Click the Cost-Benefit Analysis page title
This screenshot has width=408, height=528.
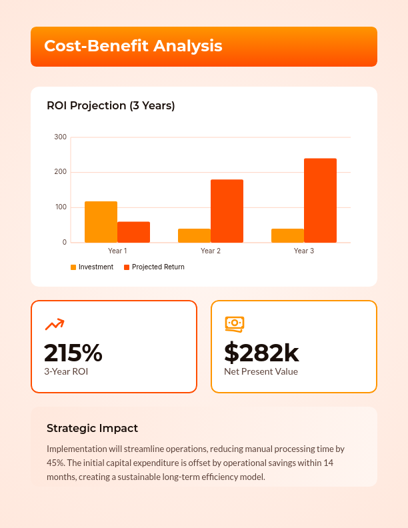[133, 46]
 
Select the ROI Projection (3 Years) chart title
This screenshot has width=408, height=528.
[111, 105]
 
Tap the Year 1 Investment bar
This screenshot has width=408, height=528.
[101, 222]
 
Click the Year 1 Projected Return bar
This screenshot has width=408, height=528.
[133, 232]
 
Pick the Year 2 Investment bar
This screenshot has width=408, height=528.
[194, 235]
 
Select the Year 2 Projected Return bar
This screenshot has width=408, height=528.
[227, 211]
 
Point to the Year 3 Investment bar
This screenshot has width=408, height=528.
[287, 235]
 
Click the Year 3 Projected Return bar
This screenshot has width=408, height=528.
[320, 200]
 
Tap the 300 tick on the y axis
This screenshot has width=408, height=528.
[60, 137]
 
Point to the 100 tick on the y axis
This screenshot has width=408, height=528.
[60, 207]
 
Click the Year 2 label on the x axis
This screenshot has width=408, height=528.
[211, 251]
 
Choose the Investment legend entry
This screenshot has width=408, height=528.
[92, 267]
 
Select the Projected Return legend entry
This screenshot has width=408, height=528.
[154, 267]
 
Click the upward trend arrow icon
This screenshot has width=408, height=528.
[54, 324]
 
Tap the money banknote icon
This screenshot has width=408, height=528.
[235, 324]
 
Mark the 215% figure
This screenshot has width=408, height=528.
[73, 352]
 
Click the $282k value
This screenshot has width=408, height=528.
[261, 352]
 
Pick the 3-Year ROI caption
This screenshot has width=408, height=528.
[66, 371]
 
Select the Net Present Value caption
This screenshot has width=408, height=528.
[261, 371]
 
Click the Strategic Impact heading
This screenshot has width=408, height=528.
[92, 428]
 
